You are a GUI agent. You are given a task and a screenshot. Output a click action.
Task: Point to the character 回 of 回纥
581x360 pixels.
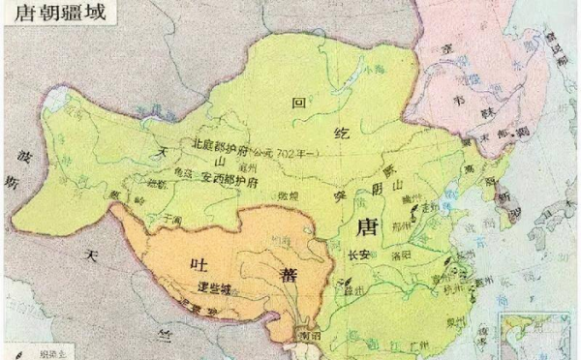coord(298,101)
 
